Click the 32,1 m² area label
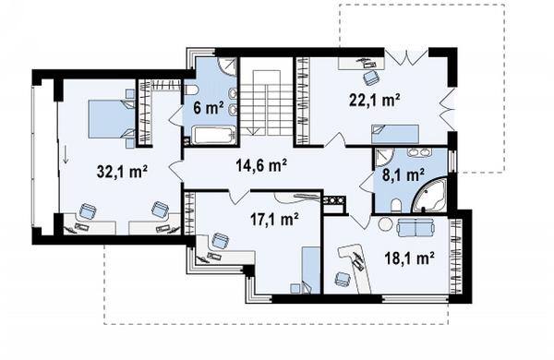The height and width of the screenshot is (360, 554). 122,172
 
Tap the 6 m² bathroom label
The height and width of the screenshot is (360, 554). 209,108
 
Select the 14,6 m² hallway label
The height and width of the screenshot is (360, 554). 261,165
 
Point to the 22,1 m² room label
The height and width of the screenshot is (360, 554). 375,100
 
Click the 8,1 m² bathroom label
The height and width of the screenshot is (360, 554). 403,174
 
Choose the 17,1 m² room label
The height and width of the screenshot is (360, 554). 274,220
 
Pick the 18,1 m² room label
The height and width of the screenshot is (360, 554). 409,258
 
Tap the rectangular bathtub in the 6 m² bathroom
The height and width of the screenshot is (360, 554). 213,136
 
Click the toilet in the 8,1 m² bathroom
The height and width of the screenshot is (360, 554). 396,205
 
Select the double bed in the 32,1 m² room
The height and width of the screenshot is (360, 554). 112,119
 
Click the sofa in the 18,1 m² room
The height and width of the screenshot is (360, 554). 415,227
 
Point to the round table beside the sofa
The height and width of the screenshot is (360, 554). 385,223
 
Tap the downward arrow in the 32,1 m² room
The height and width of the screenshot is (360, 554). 66,155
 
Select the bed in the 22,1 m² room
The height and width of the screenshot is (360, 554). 394,134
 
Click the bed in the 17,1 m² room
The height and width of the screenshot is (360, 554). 311,270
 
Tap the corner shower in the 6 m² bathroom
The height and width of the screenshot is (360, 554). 226,66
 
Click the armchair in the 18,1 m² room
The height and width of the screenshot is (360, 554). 343,278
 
